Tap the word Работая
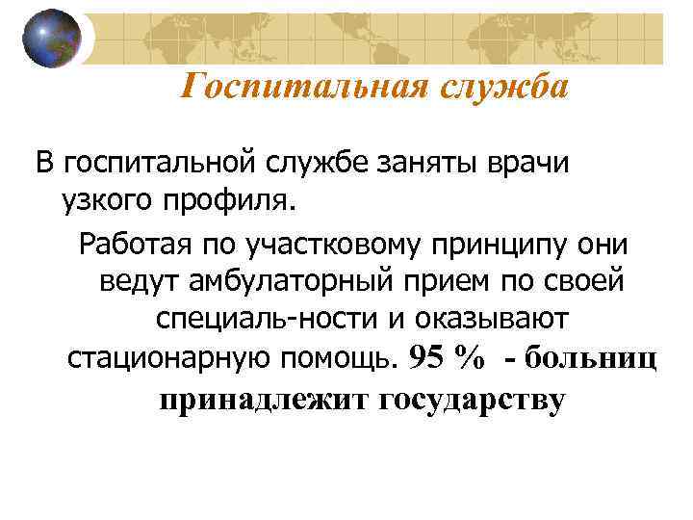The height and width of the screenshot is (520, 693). click(x=139, y=242)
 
